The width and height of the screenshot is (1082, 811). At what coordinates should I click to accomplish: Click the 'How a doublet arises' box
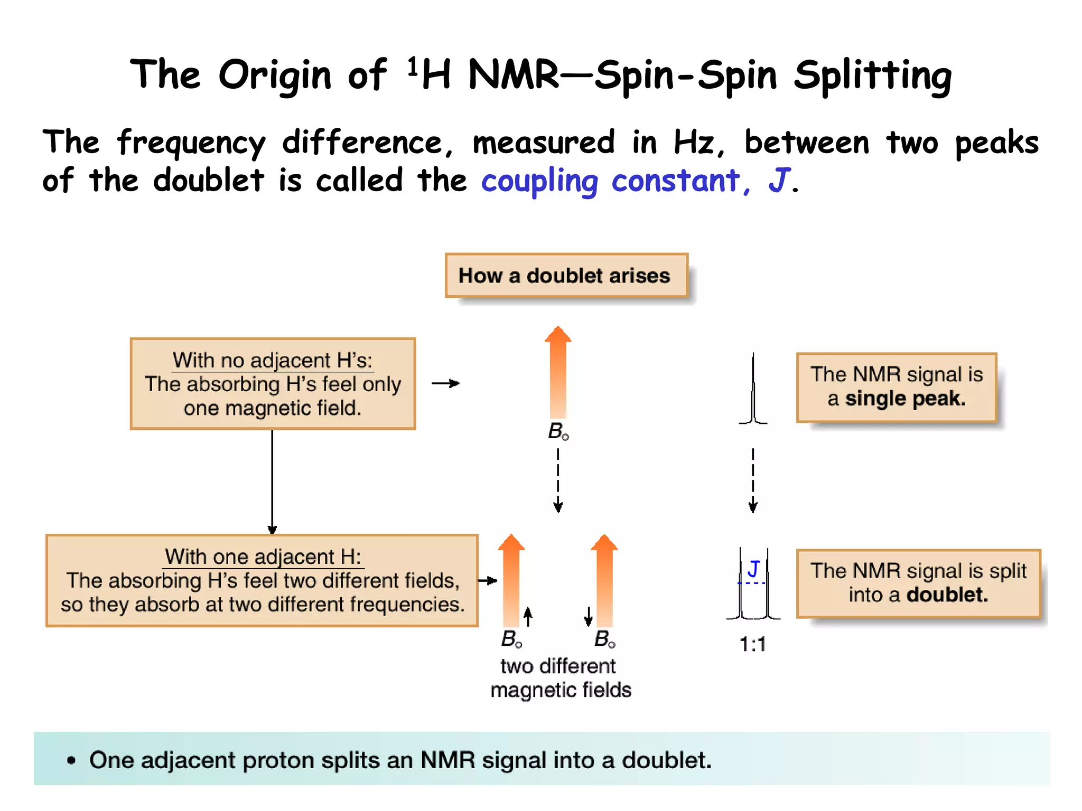point(566,276)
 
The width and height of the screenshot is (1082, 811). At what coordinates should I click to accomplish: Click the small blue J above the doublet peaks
point(753,569)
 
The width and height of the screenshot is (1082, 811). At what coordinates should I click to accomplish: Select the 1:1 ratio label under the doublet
point(752,644)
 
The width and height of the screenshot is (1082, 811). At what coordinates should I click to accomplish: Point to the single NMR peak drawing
point(753,391)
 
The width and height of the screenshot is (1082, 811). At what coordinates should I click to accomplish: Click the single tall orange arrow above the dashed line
point(558,372)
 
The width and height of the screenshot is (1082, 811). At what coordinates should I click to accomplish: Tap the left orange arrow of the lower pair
point(511,581)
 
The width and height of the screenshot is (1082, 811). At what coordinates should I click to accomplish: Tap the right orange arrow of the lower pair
point(604,581)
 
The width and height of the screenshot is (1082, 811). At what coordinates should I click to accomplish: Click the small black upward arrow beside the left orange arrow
point(528,616)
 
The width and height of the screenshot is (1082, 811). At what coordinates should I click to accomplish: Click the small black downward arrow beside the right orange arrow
point(588,616)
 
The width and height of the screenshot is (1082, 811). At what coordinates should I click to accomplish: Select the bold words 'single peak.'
point(905,399)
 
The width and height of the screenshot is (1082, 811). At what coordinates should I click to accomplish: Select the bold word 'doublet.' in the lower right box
point(947,595)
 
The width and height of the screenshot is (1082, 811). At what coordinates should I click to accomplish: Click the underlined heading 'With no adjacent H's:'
point(273,361)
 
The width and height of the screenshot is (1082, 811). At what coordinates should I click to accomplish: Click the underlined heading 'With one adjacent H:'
point(263,557)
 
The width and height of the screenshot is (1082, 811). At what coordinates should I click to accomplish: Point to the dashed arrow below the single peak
point(753,480)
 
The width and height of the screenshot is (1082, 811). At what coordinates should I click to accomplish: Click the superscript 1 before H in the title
point(413,67)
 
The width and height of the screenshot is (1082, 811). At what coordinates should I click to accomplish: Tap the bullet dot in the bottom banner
point(71,761)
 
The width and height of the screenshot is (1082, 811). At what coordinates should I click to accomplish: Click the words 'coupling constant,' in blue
point(615,181)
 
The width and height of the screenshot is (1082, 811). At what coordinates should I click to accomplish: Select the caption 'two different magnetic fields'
point(560,678)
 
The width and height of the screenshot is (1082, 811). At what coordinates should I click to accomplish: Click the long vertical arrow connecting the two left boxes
point(272,480)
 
